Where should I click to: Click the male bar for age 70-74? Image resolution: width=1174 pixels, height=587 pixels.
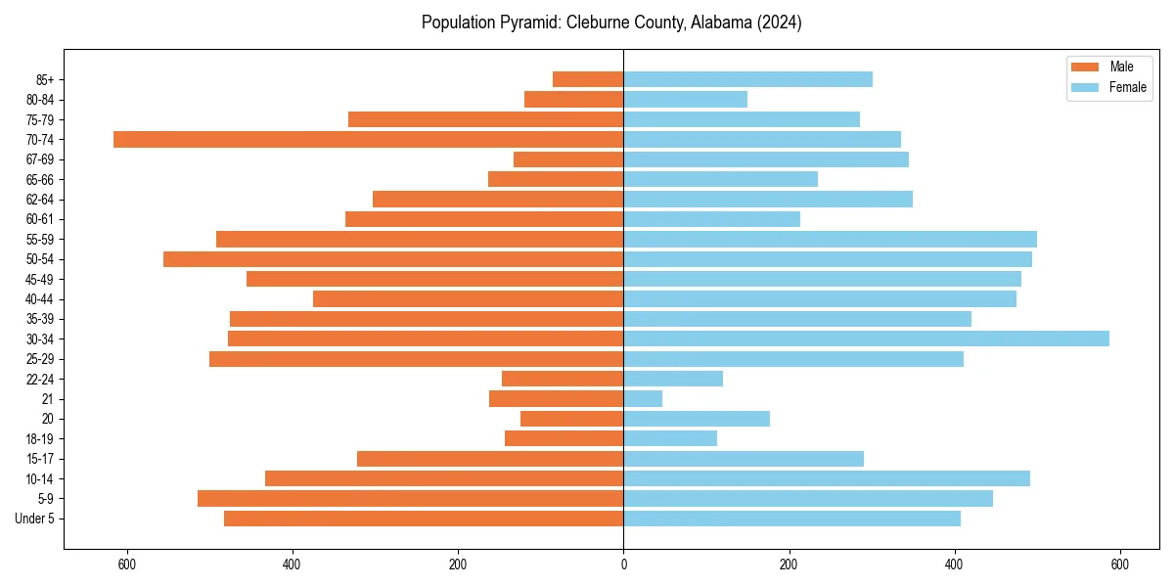coord(368,139)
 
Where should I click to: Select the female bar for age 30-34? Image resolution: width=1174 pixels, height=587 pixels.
coord(866,339)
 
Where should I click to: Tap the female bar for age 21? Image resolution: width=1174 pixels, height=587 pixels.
coord(643,399)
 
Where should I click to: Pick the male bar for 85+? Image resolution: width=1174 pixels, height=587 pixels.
coord(588,79)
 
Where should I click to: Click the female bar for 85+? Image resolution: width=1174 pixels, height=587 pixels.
coord(747,79)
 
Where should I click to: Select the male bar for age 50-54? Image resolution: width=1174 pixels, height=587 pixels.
coord(393,259)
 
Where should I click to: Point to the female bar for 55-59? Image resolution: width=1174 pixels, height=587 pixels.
coord(830,239)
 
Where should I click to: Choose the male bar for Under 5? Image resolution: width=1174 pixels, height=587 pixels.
coord(424,519)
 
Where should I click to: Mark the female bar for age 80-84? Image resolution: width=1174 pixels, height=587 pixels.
coord(685,99)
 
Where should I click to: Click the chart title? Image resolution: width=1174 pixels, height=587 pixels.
coord(611,23)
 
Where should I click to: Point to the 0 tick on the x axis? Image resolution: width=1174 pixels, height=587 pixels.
coord(623,564)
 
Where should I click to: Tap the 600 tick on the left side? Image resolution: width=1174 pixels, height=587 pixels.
coord(126,564)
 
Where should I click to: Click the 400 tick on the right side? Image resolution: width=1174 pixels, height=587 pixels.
coord(955,564)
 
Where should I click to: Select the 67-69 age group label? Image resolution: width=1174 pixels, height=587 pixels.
coord(40,159)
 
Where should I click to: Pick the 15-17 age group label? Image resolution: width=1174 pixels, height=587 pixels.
coord(40,459)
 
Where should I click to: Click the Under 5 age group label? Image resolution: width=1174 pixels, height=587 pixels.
coord(35,519)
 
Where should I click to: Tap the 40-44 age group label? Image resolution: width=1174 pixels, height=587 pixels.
coord(40,299)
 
